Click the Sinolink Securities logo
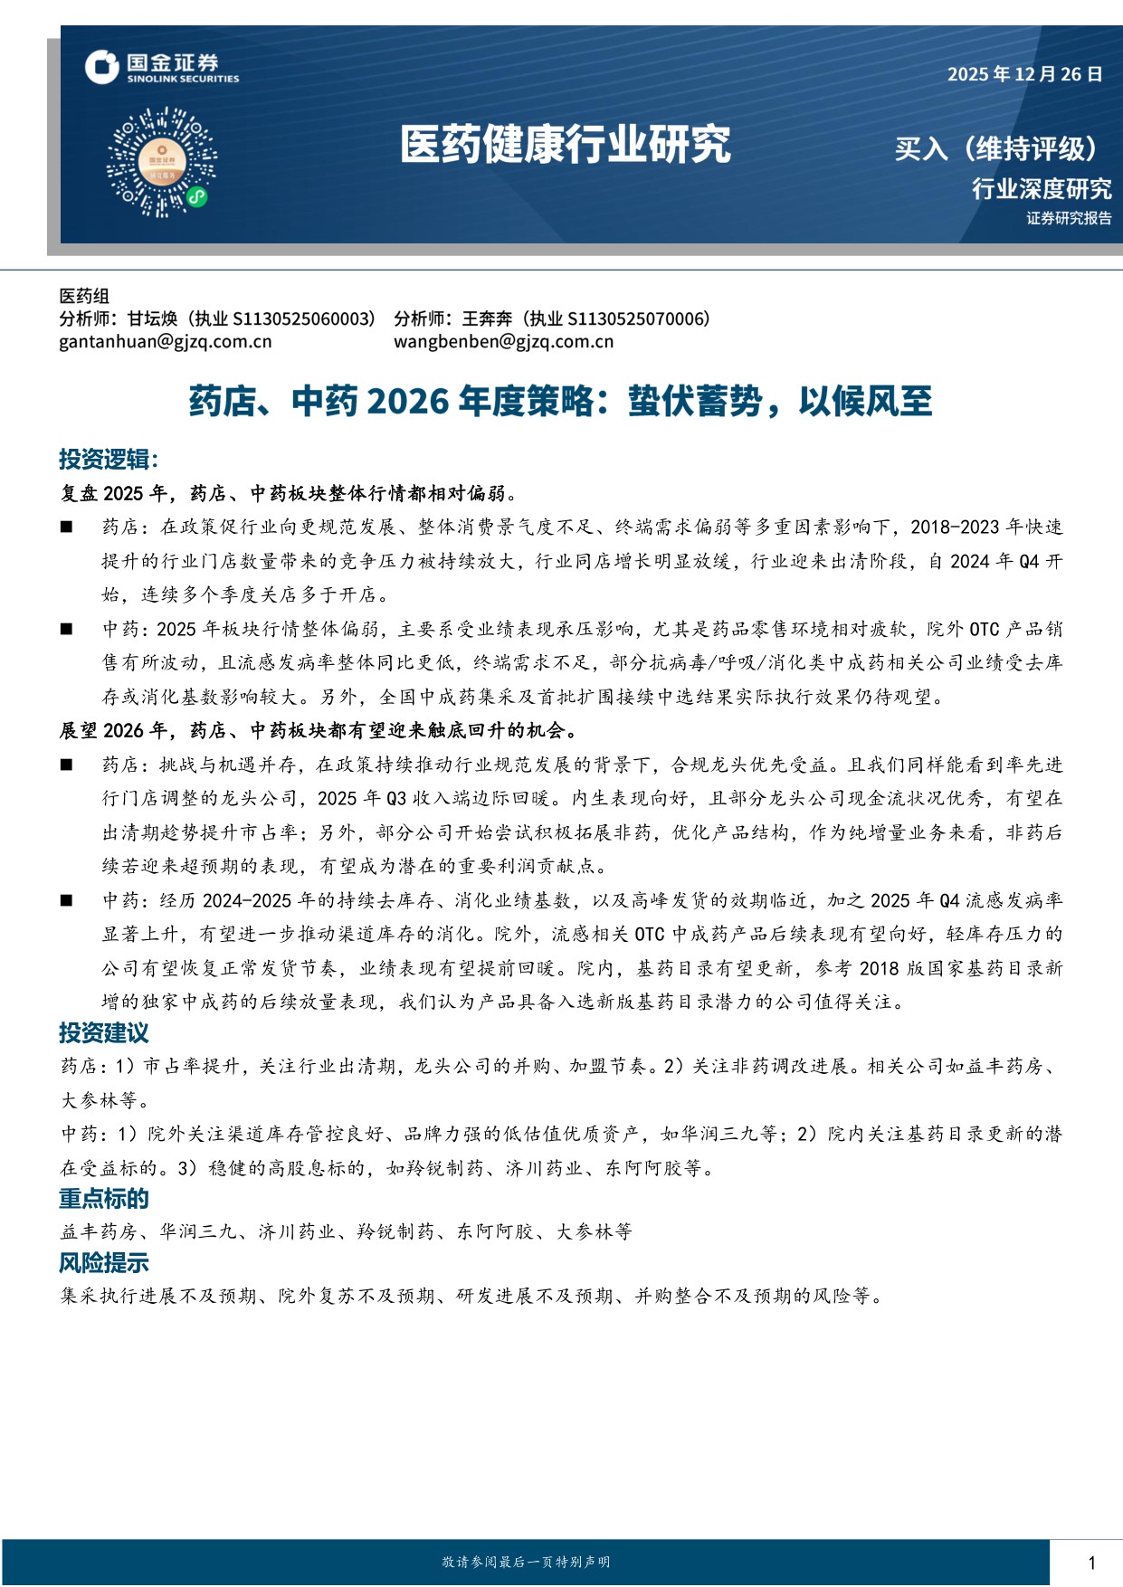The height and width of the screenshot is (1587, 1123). click(162, 67)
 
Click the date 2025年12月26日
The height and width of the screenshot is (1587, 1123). click(1024, 74)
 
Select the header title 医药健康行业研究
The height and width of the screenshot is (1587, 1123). click(565, 145)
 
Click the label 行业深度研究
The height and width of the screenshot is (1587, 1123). click(1041, 189)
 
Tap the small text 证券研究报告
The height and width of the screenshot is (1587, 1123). click(1069, 218)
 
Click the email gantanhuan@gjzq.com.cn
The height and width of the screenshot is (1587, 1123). click(166, 342)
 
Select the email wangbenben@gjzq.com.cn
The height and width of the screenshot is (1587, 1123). click(503, 342)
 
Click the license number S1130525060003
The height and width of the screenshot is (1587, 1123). click(304, 318)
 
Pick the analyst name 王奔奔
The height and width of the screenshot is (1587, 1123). click(487, 318)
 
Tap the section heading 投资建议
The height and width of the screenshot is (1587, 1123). click(104, 1033)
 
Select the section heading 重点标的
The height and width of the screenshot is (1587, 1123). click(104, 1199)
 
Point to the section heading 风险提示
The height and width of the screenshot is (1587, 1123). click(104, 1263)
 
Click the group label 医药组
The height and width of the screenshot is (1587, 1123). click(84, 296)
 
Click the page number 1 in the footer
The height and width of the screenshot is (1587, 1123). click(1091, 1563)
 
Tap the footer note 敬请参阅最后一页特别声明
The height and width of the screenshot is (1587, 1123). click(526, 1563)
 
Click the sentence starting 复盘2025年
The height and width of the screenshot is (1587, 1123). click(289, 494)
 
